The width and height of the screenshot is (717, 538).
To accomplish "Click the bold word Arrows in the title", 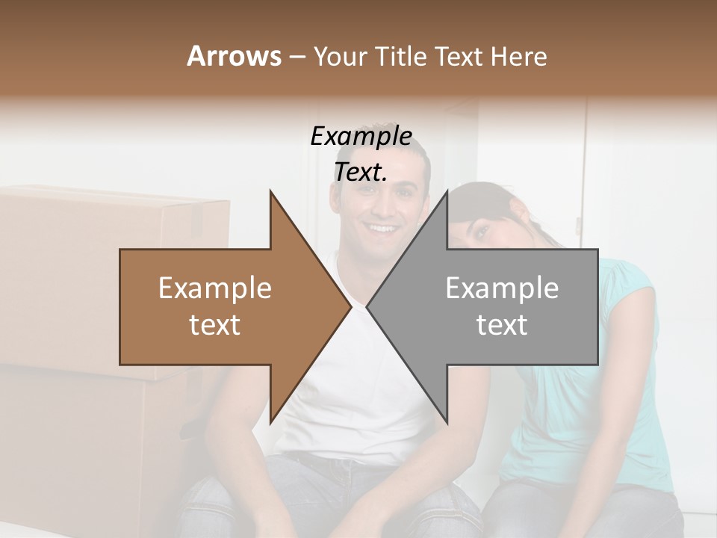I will tap(234, 56).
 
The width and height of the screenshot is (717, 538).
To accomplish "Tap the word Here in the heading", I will tap(518, 56).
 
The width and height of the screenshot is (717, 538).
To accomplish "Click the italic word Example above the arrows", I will tap(361, 137).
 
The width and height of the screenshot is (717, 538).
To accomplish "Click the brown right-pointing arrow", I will tap(224, 306).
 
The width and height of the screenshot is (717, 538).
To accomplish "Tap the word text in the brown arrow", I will tap(215, 325).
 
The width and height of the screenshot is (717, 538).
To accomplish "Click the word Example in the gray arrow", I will tap(502, 288).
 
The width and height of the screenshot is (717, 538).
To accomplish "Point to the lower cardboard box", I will tap(90, 441).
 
